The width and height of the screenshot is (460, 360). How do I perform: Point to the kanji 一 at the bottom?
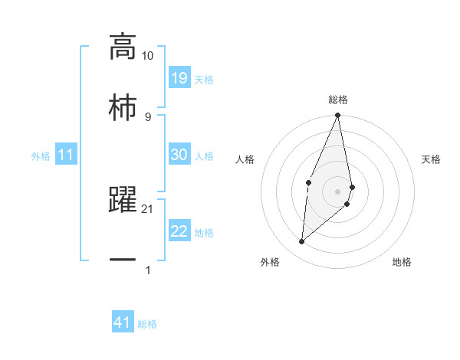click(123, 260)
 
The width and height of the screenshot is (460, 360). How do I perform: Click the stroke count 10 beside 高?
click(147, 56)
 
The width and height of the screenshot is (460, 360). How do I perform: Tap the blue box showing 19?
click(179, 78)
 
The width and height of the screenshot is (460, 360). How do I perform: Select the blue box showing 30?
click(179, 155)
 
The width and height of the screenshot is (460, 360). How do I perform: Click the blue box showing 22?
click(179, 231)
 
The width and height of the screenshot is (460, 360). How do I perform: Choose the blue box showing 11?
click(66, 155)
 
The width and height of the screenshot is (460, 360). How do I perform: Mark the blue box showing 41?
click(123, 323)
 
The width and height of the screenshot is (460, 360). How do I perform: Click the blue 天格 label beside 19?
click(204, 80)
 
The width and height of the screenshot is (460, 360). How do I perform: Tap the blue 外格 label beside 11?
click(41, 156)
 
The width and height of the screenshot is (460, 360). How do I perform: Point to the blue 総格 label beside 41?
click(147, 325)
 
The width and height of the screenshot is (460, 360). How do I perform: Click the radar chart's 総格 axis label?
click(338, 100)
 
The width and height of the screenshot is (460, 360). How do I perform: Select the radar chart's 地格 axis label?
click(402, 262)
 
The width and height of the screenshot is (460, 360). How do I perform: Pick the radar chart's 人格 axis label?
click(245, 159)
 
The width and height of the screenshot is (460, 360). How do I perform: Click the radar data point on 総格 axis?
click(338, 116)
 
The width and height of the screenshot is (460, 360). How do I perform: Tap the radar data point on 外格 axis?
click(302, 241)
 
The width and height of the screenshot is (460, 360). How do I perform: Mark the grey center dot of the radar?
click(338, 191)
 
